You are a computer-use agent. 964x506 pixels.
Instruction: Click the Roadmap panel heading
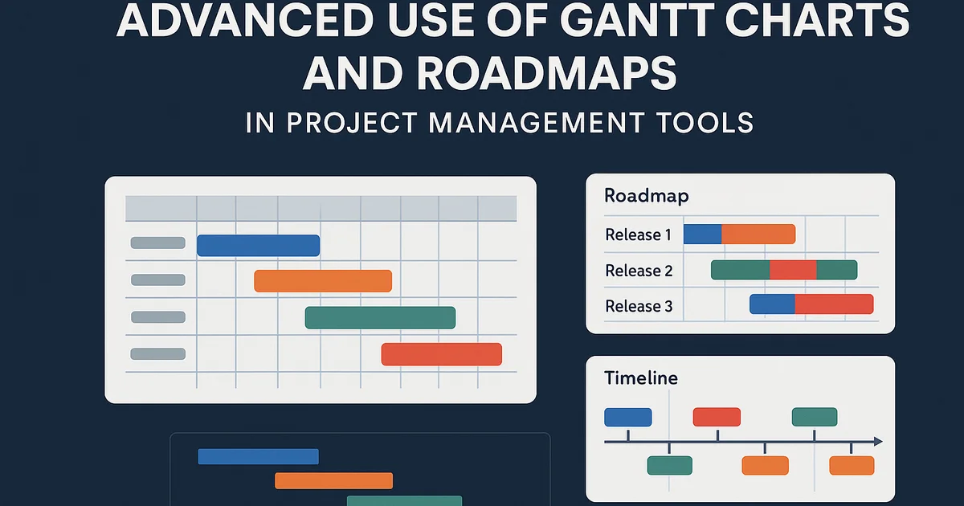click(646, 196)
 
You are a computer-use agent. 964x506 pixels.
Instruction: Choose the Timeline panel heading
click(640, 377)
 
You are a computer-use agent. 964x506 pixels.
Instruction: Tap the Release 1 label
click(638, 235)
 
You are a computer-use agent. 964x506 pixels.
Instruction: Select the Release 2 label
click(639, 271)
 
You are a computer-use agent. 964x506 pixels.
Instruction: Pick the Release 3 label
click(639, 306)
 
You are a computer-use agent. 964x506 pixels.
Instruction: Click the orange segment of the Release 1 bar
click(758, 235)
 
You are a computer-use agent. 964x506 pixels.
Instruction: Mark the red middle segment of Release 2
click(793, 270)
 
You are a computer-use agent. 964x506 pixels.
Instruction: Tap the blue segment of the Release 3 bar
click(772, 304)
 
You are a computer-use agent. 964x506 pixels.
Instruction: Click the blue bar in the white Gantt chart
click(258, 246)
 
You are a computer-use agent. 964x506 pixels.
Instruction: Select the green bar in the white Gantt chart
click(380, 318)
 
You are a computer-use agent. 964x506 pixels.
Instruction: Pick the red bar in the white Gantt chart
click(441, 354)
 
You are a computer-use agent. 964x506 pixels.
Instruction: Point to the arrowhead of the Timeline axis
click(877, 442)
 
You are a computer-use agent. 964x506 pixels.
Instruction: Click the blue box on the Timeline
click(627, 417)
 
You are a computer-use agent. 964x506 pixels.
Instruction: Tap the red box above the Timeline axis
click(717, 417)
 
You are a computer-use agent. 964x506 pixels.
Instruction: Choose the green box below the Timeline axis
click(669, 465)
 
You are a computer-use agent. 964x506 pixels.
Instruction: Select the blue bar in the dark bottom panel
click(258, 456)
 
